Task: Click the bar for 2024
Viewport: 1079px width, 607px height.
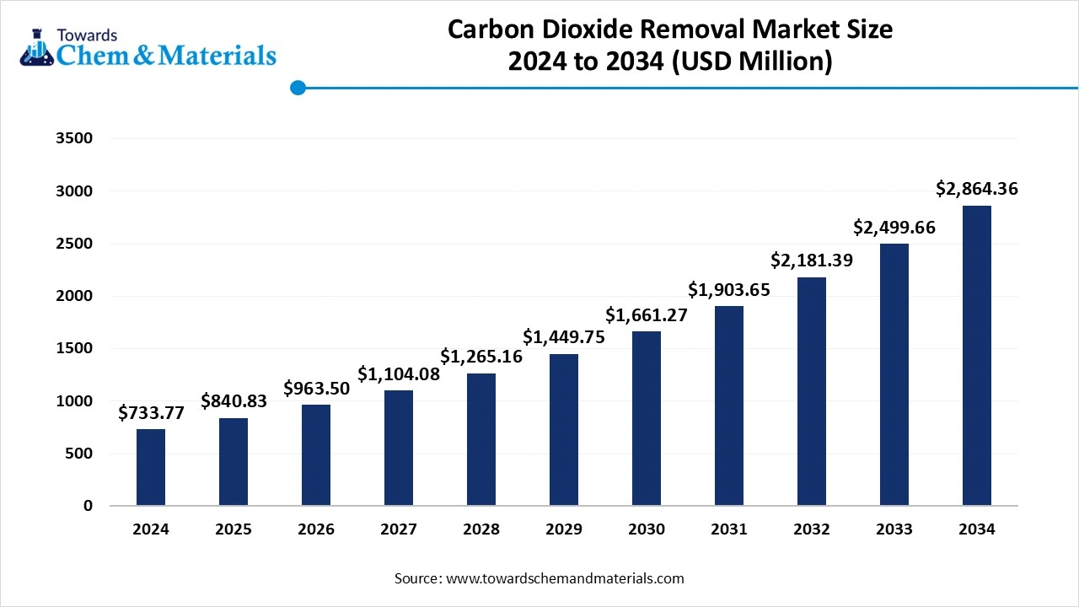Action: tap(151, 468)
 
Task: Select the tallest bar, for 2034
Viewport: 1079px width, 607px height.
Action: tap(977, 356)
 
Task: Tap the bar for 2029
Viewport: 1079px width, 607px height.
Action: tap(564, 430)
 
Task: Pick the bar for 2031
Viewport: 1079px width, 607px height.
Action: tap(729, 406)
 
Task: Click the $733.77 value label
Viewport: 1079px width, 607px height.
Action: tap(151, 413)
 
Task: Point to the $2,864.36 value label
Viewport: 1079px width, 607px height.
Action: tap(977, 189)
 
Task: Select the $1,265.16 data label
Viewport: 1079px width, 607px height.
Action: tap(481, 357)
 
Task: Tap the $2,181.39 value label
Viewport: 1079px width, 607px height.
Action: tap(812, 261)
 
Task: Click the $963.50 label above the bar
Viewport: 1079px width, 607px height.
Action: tap(316, 389)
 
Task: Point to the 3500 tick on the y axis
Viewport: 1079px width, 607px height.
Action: tap(74, 139)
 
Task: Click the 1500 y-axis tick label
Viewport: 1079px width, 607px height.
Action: tap(74, 349)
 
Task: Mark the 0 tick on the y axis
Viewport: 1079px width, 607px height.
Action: tap(89, 506)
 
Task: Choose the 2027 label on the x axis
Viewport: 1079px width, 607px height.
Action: tap(399, 529)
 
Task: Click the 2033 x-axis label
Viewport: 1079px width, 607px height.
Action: tap(894, 529)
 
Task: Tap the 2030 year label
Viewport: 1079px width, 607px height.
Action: tap(647, 529)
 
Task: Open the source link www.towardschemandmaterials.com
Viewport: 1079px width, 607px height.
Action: tap(563, 578)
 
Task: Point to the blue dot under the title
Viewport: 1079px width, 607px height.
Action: tap(298, 88)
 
